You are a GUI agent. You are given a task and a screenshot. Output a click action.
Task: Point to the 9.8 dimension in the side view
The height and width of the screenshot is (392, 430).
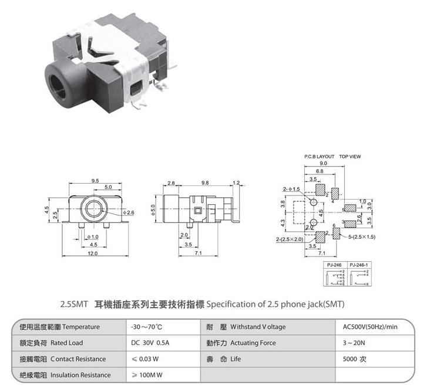click(x=205, y=183)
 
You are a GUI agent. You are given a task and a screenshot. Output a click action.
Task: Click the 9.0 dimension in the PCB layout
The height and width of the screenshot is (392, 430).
click(x=323, y=164)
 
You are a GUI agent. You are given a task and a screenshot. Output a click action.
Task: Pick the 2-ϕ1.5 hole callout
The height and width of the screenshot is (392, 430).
click(x=291, y=189)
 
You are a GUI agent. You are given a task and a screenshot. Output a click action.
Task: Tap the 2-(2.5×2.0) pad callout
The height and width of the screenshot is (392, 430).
click(x=290, y=239)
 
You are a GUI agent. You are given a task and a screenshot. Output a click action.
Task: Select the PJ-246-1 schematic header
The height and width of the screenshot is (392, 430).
click(x=359, y=266)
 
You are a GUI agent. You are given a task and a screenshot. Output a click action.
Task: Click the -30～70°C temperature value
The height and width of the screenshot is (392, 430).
click(x=146, y=327)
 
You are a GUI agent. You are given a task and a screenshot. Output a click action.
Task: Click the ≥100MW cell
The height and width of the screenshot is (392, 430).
click(x=150, y=375)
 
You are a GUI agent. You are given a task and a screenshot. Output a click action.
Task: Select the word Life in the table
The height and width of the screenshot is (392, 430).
click(x=235, y=359)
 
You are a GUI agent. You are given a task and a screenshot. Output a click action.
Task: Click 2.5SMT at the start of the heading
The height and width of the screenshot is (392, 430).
click(x=74, y=305)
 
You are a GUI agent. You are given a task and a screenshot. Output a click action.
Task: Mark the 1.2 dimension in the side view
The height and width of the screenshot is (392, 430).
click(x=236, y=183)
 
